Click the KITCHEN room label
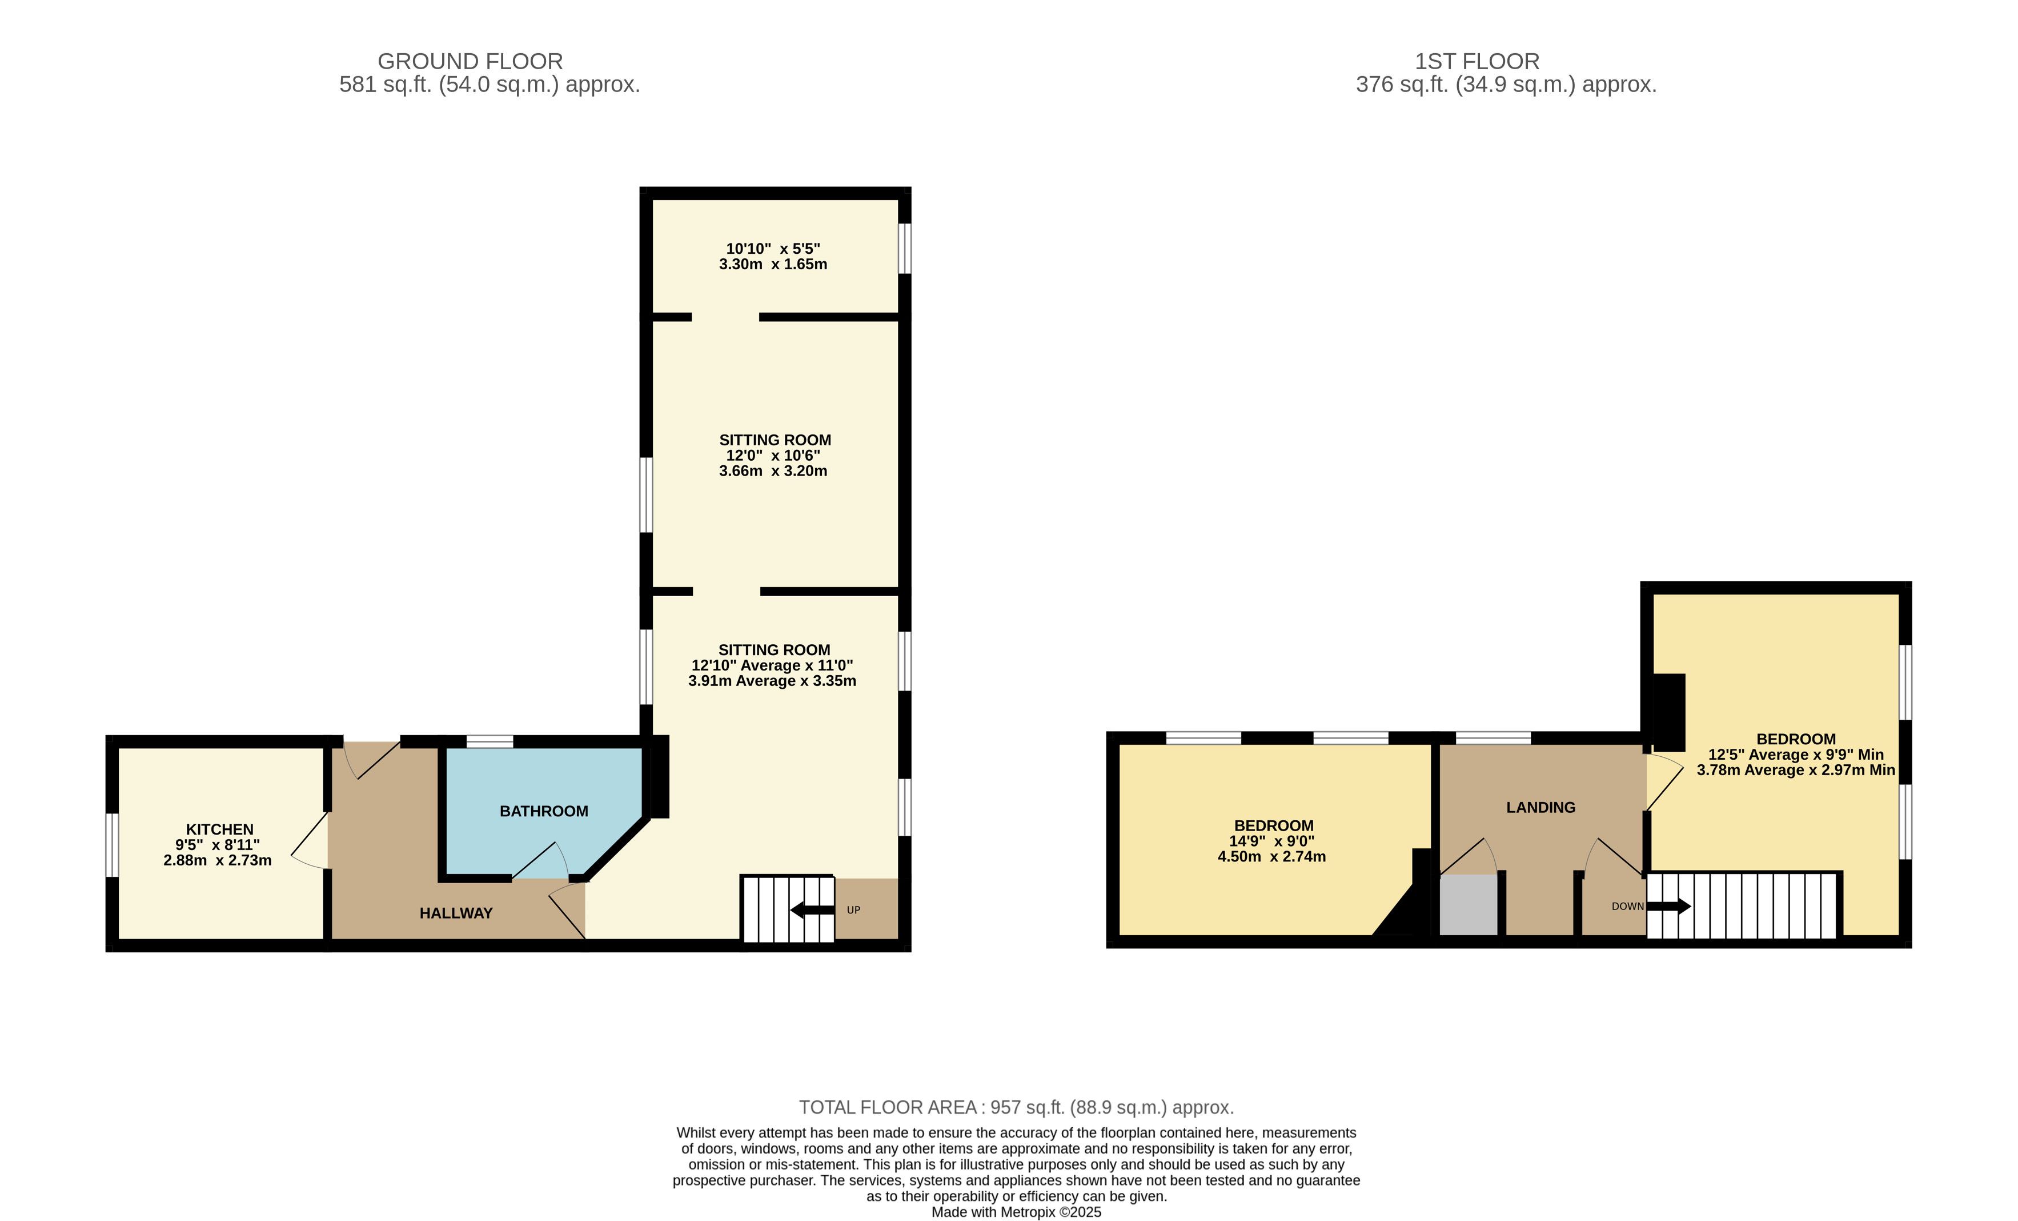coord(219,829)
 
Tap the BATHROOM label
coord(544,811)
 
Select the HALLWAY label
coord(456,913)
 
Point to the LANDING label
coord(1540,807)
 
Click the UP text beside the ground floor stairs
coord(853,909)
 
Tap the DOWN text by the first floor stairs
coord(1627,907)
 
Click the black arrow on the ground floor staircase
coord(812,909)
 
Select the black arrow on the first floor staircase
coord(1668,907)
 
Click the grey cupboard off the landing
coord(1469,905)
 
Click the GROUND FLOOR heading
coord(470,62)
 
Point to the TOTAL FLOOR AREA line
coord(1016,1107)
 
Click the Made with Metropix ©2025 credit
coord(1016,1212)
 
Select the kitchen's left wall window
coord(112,845)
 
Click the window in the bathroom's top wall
coord(490,741)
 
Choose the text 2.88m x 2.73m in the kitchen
coord(217,860)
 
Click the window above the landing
coord(1493,737)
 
